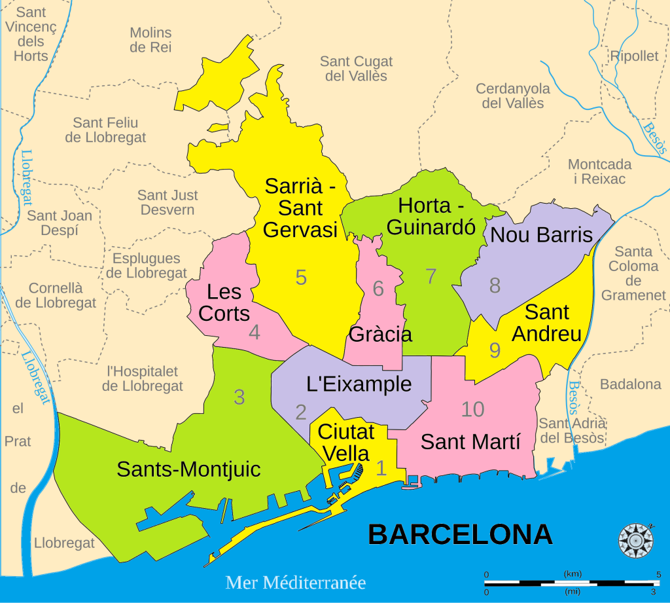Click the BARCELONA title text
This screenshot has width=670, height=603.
[x=460, y=534]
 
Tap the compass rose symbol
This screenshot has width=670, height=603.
[x=636, y=541]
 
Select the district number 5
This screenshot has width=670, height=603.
[x=301, y=278]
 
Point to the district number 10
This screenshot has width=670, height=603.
[x=472, y=409]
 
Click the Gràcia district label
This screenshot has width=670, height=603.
[x=380, y=335]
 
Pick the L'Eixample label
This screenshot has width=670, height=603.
[x=359, y=384]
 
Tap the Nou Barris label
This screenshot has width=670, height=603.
[x=541, y=235]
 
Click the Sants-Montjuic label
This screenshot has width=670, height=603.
[x=188, y=469]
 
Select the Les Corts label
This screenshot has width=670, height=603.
[x=224, y=302]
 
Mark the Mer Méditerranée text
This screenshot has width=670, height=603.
[x=295, y=582]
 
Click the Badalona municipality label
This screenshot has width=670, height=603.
[x=630, y=384]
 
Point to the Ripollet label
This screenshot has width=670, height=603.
[x=634, y=56]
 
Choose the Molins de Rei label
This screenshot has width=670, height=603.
[x=150, y=39]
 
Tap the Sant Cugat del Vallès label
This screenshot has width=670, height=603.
[x=356, y=69]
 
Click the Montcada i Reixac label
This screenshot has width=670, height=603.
[x=599, y=172]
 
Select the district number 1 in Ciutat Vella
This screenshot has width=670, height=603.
[x=381, y=467]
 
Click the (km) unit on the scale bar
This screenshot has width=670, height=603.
[x=573, y=574]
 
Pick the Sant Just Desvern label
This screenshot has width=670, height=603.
[x=167, y=202]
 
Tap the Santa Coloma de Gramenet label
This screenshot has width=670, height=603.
[x=633, y=273]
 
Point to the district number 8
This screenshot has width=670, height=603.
[x=495, y=285]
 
